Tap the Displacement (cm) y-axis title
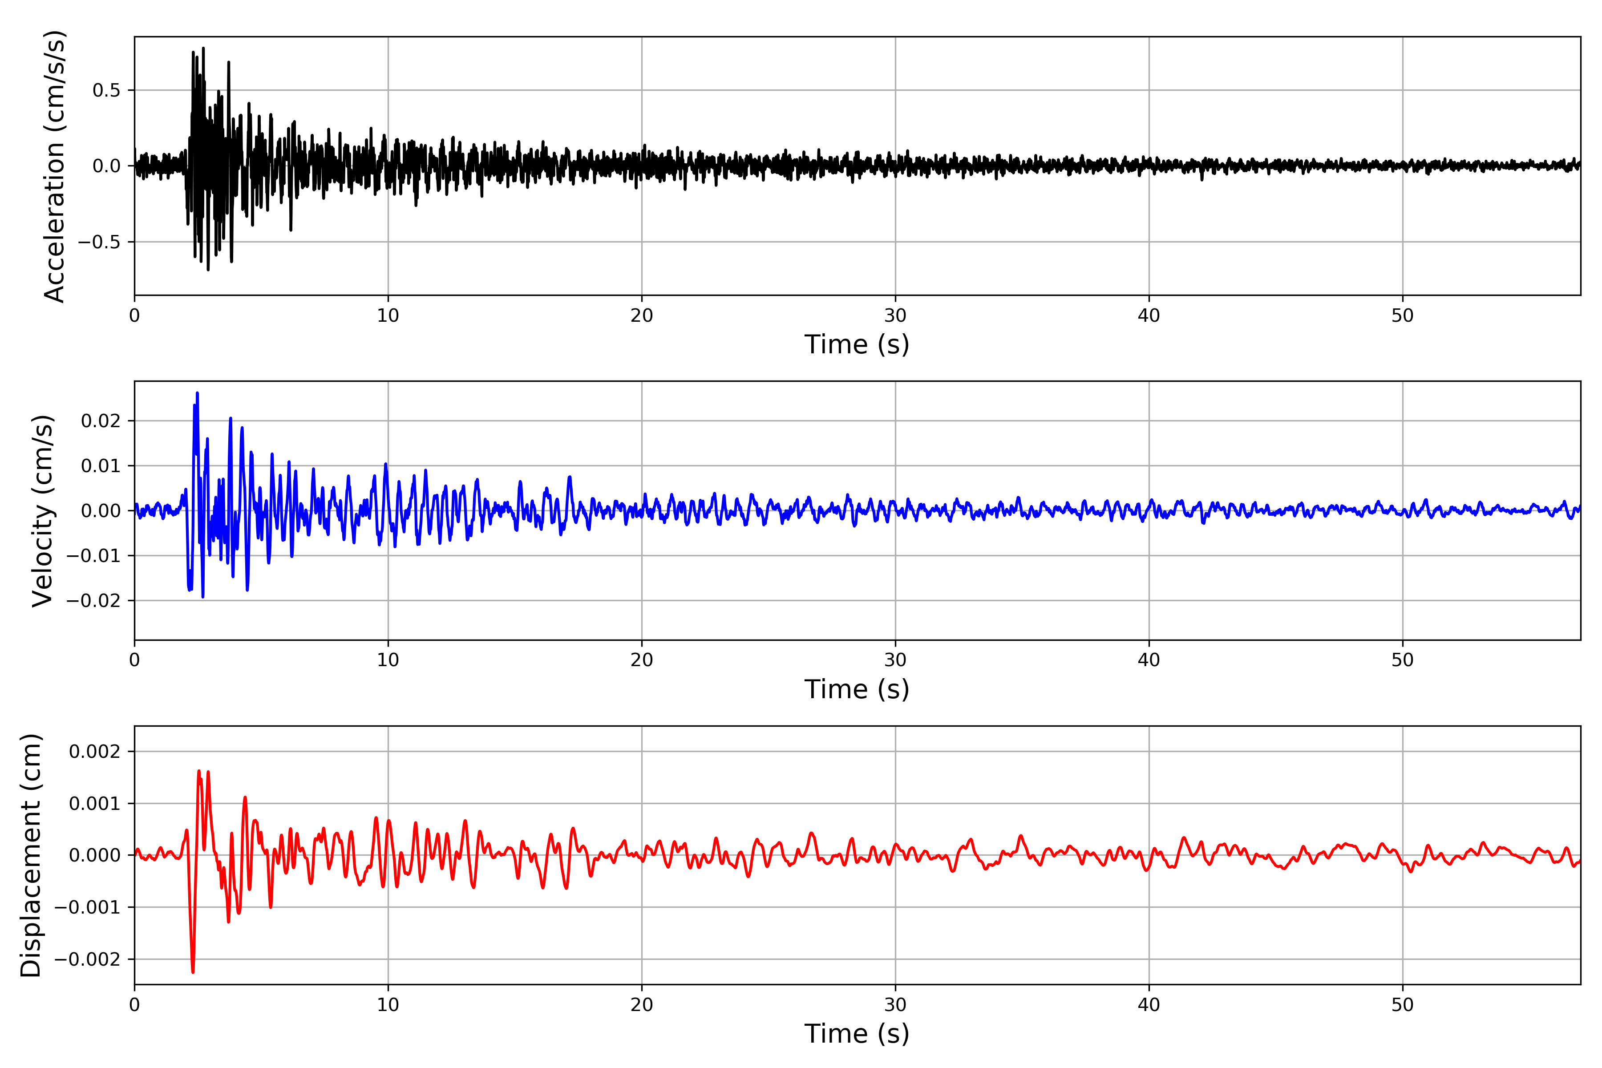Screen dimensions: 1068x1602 click(31, 855)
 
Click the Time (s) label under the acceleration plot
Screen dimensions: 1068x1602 click(857, 344)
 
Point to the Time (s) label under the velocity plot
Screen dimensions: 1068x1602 click(857, 689)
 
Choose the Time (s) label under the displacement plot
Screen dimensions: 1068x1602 click(857, 1034)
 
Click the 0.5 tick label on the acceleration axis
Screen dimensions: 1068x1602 click(106, 91)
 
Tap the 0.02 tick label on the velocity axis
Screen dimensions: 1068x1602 click(101, 421)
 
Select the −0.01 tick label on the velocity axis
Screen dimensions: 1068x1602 click(93, 556)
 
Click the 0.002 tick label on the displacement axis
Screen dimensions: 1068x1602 click(95, 752)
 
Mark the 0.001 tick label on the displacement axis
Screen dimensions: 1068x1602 click(95, 804)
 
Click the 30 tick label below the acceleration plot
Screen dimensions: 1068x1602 click(895, 316)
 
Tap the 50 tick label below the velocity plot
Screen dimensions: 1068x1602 click(1403, 660)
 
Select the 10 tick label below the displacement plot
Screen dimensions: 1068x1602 click(388, 1005)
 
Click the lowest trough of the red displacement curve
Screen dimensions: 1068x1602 click(193, 972)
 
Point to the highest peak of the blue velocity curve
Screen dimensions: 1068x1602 click(198, 393)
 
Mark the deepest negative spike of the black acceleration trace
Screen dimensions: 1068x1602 click(208, 270)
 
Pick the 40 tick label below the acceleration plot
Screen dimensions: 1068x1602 click(1149, 316)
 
